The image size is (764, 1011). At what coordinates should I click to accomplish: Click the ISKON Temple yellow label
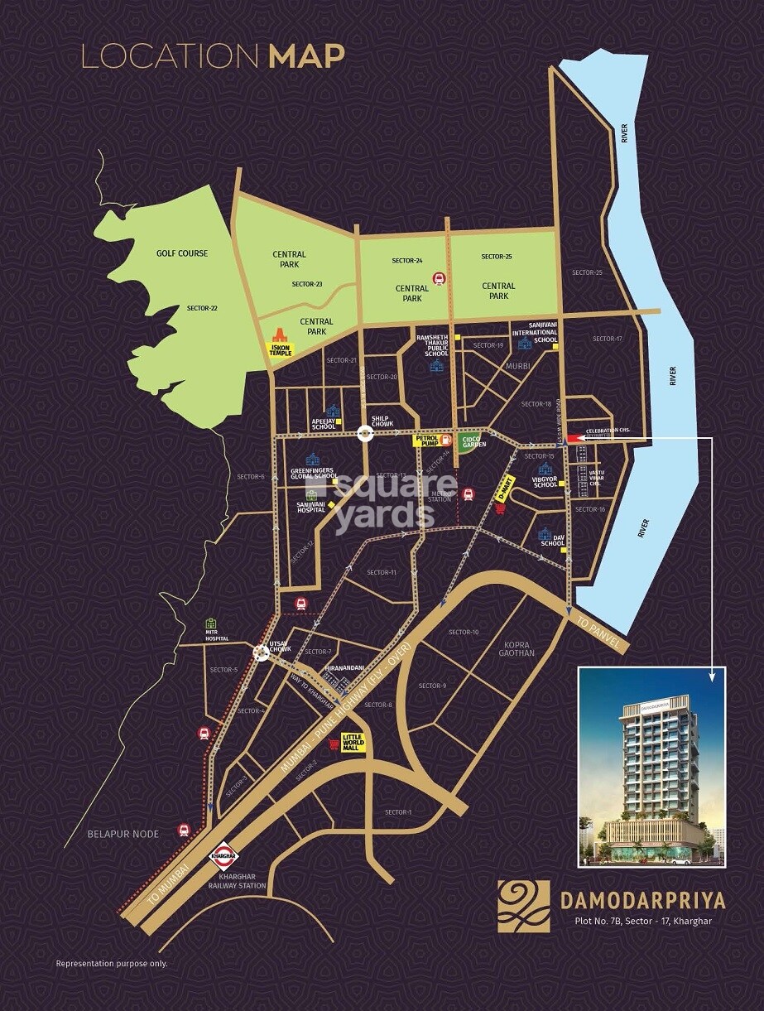(x=279, y=348)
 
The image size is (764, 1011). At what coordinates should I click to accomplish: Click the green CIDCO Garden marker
(x=470, y=443)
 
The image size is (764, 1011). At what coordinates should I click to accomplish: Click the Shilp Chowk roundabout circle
(x=364, y=432)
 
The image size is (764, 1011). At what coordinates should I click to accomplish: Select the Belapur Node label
(x=123, y=834)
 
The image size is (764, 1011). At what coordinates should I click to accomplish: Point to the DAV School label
(x=552, y=539)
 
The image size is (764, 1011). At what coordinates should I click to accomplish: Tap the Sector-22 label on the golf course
(x=201, y=308)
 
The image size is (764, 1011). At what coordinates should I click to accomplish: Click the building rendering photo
(x=650, y=767)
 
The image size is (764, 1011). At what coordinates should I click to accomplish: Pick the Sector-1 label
(x=398, y=811)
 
